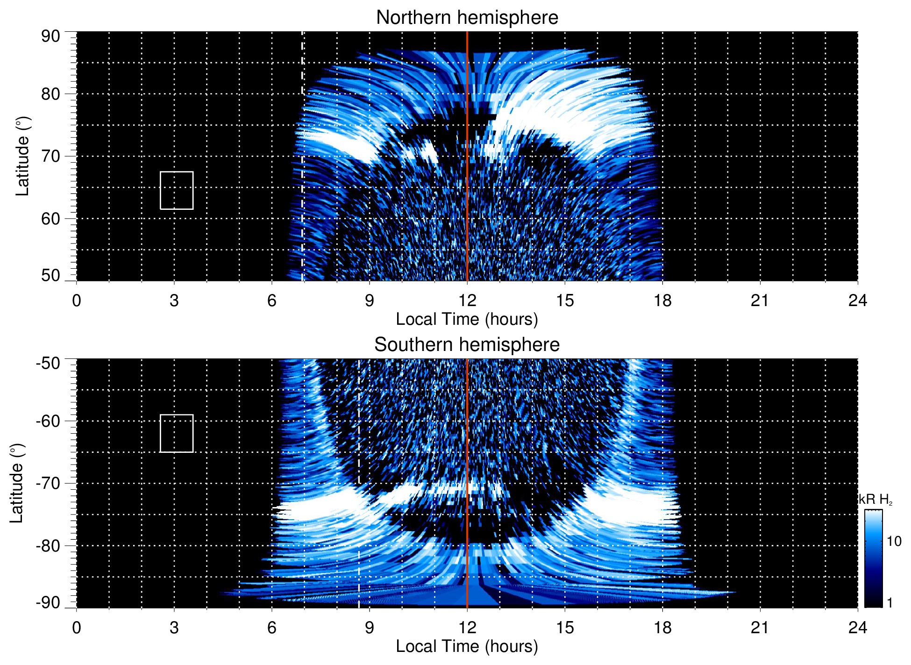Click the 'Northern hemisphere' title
[x=467, y=18]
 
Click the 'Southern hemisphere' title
[x=467, y=345]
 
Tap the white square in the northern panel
[x=177, y=190]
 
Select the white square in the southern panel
[x=177, y=433]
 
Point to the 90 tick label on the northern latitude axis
[x=50, y=36]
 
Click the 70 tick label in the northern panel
[x=50, y=156]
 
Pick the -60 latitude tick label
[x=48, y=421]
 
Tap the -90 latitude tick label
[x=48, y=602]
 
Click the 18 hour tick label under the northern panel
[x=662, y=300]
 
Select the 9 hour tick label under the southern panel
[x=370, y=628]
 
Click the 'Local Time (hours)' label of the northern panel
[x=467, y=319]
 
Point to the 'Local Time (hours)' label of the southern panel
[x=467, y=646]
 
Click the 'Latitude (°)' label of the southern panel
[x=17, y=483]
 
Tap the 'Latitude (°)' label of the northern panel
[x=22, y=156]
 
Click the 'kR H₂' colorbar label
[x=875, y=500]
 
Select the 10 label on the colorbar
[x=894, y=542]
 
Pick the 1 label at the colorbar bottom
[x=890, y=603]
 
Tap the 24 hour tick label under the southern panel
[x=857, y=628]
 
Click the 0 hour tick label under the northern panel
[x=77, y=300]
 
